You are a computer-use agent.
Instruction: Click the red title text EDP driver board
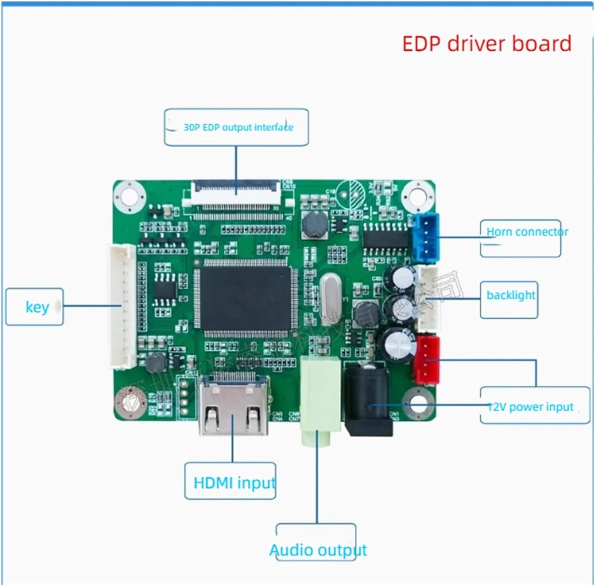(487, 44)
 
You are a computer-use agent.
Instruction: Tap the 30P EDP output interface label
(238, 127)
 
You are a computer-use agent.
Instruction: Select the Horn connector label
(527, 232)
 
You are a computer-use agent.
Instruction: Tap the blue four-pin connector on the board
(426, 238)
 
